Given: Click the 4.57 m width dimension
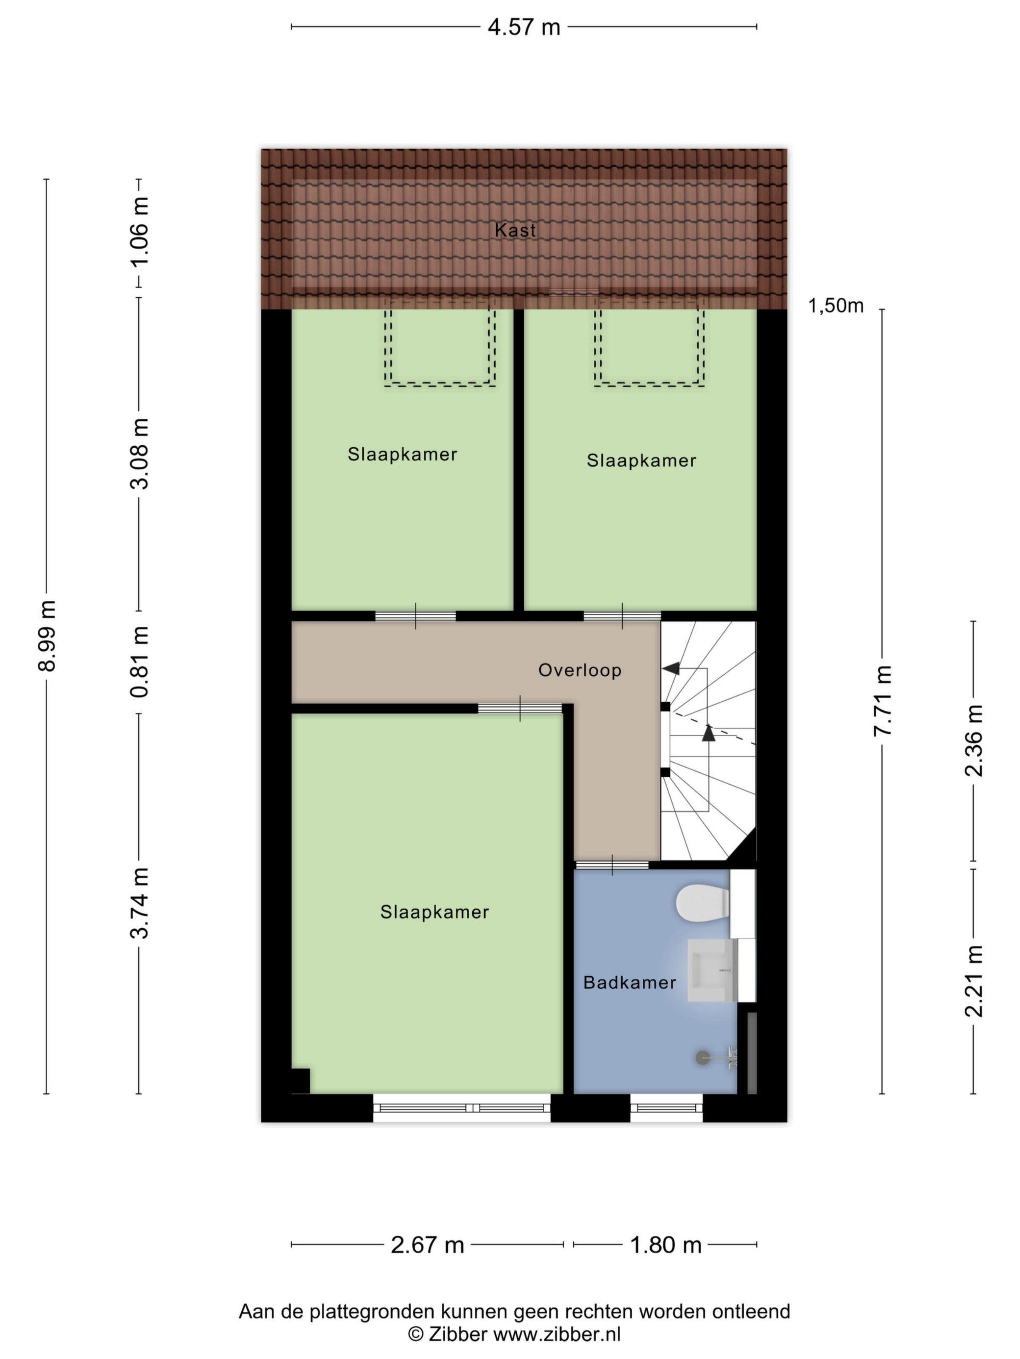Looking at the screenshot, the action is click(524, 27).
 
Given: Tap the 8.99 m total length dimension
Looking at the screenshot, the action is click(47, 635).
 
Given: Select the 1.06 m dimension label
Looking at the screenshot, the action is click(140, 231).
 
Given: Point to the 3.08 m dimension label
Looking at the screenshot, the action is click(140, 453).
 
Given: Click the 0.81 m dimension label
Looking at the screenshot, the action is click(140, 661).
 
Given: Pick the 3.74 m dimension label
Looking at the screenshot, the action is click(140, 903).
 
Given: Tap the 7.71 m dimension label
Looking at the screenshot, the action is click(883, 700).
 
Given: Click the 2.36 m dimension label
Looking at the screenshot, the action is click(974, 741).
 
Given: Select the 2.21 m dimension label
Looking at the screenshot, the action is click(974, 981).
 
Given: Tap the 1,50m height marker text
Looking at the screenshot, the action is click(836, 305).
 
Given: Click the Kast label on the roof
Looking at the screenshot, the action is click(515, 230).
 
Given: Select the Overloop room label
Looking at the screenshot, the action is click(580, 670).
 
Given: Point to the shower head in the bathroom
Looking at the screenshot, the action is click(716, 1057).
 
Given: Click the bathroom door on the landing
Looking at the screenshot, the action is click(612, 865).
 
